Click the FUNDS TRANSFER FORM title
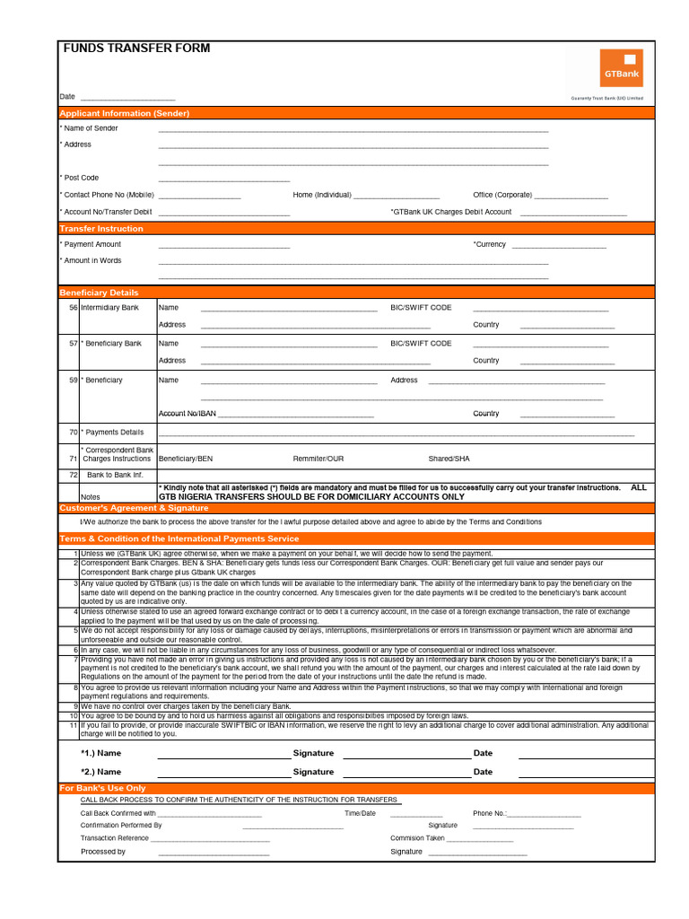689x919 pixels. coord(136,48)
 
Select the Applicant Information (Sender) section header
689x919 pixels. coord(124,113)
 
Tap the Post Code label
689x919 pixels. coord(80,178)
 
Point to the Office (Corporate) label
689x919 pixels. coord(502,195)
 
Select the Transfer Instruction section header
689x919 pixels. coord(101,229)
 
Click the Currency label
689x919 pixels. coord(490,244)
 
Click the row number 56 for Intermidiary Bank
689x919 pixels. coord(73,308)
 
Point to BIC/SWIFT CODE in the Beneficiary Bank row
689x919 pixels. coord(421,343)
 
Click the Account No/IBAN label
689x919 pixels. coord(187,414)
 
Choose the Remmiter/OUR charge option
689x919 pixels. coord(318,459)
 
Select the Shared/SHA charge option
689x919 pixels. coord(449,459)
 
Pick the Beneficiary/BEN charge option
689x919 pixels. coord(186,459)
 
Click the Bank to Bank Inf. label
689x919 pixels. coord(115,475)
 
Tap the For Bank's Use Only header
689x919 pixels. coord(102,788)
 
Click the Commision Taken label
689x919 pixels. coord(417,838)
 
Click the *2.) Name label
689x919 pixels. coord(100,772)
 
